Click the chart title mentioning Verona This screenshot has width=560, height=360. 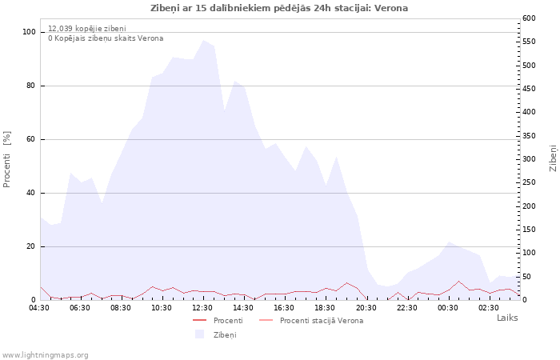pos(279,8)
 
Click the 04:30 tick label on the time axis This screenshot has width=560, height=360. pos(39,308)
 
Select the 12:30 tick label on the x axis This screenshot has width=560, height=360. pos(202,308)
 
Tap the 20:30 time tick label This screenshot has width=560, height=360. pos(366,308)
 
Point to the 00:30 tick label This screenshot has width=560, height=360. pos(447,308)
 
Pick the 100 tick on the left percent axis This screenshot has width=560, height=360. pos(29,32)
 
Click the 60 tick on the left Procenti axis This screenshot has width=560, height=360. pos(30,139)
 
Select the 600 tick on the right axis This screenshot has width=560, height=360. pos(529,18)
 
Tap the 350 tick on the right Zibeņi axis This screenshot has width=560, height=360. pos(529,136)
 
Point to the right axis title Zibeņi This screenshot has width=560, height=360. pos(553,158)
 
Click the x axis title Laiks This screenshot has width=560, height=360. pos(507,318)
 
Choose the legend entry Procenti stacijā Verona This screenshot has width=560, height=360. pos(321,321)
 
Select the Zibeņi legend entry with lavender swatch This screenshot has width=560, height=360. pos(224,335)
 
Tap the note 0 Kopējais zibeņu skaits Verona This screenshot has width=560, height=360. pos(106,38)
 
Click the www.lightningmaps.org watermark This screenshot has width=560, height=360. pos(46,355)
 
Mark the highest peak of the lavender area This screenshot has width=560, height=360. pos(203,40)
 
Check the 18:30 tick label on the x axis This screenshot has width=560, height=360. pos(325,308)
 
